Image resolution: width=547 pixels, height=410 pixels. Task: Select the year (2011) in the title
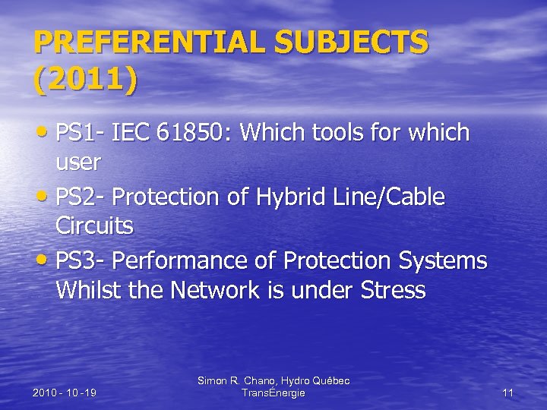tap(86, 80)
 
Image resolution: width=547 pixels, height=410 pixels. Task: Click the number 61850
tap(196, 133)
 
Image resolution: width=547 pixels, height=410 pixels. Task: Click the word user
tap(78, 162)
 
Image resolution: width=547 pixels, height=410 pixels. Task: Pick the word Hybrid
tap(287, 197)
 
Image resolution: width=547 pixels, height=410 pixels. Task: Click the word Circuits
tap(94, 225)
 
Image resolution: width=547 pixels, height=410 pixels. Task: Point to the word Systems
tap(442, 260)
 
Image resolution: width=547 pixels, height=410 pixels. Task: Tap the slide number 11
tap(508, 393)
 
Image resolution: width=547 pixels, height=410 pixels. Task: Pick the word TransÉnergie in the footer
tap(273, 393)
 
